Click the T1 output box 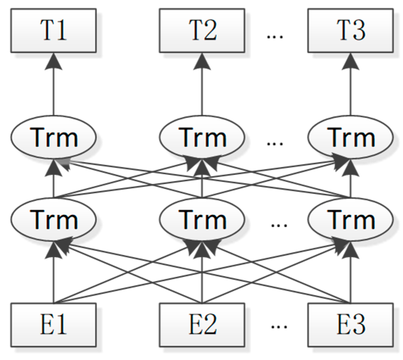(x=54, y=31)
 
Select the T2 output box (x=202, y=31)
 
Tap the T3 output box (x=351, y=31)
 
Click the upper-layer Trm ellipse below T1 (x=54, y=138)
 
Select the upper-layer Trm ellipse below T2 (x=202, y=138)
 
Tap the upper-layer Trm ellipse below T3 (x=351, y=138)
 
